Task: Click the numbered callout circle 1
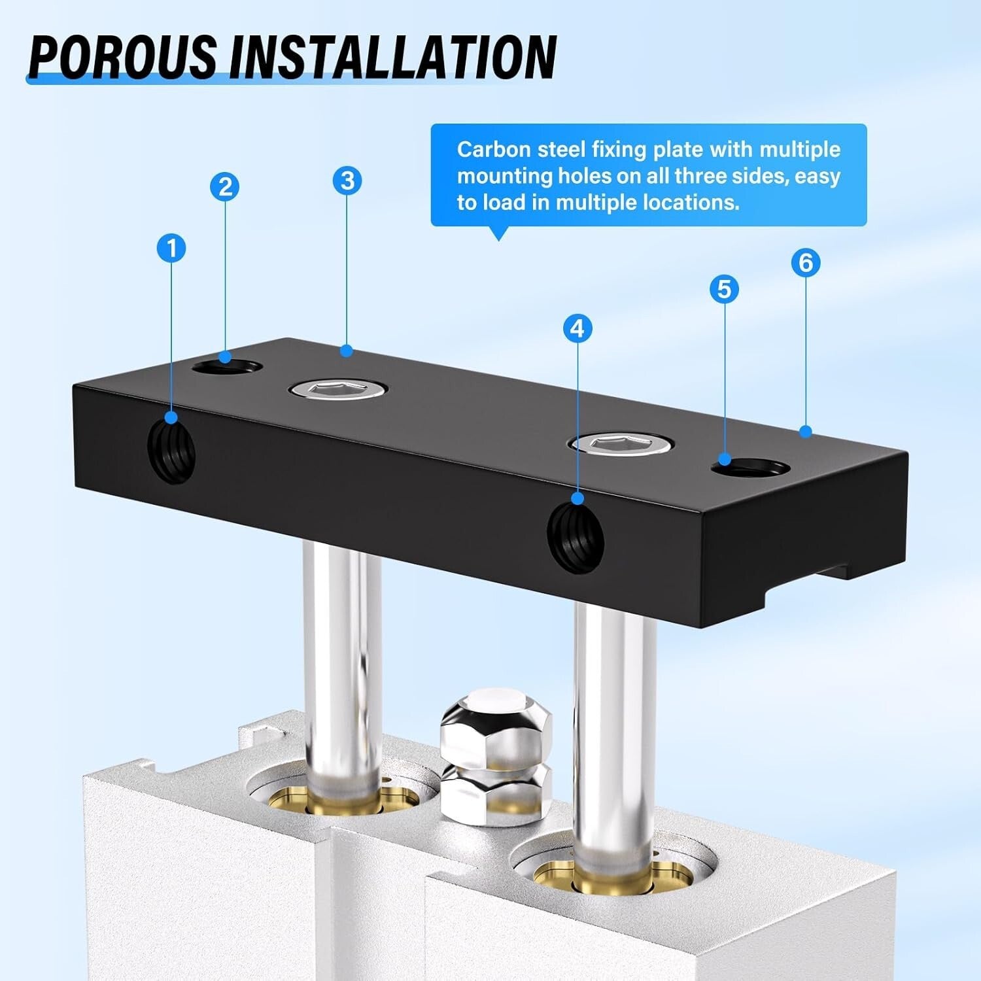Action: coord(171,249)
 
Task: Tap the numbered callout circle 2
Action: coord(225,187)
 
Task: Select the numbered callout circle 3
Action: coord(347,181)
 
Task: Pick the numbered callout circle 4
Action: coord(577,328)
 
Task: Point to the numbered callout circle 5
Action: coord(724,289)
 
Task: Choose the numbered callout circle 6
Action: coord(805,263)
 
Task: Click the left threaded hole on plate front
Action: coord(173,451)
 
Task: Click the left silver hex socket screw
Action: coord(339,390)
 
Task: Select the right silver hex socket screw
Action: coord(621,444)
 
